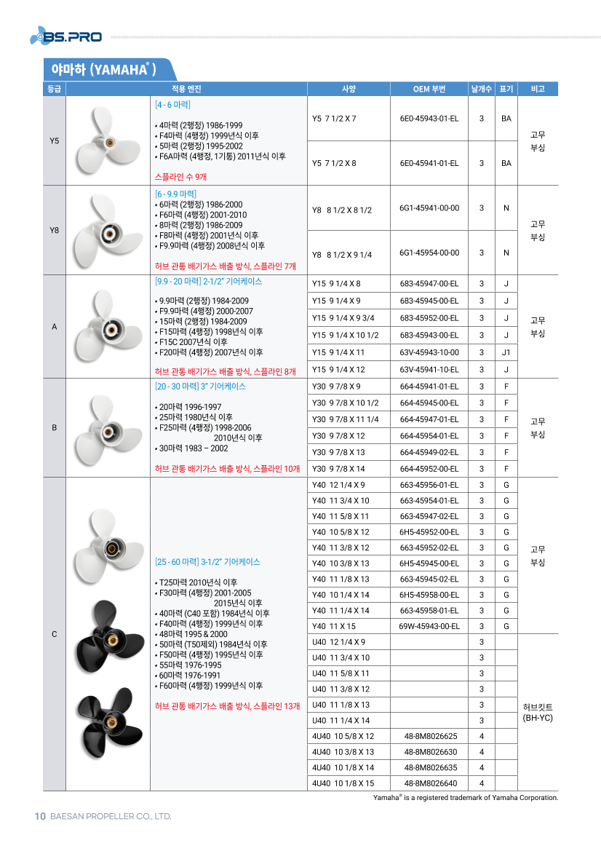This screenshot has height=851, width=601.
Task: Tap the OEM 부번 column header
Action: click(x=429, y=90)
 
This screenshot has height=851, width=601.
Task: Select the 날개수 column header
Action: click(x=481, y=90)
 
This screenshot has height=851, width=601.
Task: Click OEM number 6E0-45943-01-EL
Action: click(x=429, y=118)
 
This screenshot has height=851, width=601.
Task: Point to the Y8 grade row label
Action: click(x=54, y=231)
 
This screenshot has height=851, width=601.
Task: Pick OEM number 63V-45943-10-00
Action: click(x=429, y=352)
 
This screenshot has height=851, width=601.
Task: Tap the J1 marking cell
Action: click(x=506, y=352)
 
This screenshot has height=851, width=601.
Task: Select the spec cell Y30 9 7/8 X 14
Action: click(x=338, y=469)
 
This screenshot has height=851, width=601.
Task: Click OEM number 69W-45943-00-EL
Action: click(x=429, y=626)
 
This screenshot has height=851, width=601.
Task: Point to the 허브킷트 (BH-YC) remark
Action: click(x=538, y=712)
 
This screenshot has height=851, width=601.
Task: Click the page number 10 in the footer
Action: click(x=41, y=816)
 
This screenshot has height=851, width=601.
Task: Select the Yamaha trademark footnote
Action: click(x=466, y=798)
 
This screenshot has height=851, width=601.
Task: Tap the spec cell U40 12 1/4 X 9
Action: click(x=338, y=642)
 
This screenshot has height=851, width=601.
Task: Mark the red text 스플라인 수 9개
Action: click(x=181, y=177)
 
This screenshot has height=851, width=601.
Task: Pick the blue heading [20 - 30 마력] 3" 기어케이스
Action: click(x=200, y=387)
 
